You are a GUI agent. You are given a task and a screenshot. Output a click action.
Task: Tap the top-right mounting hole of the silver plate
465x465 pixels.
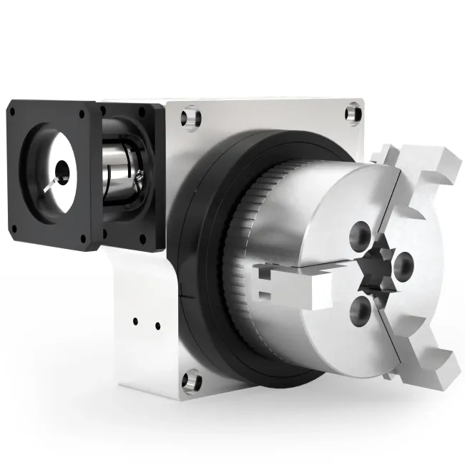coord(352,113)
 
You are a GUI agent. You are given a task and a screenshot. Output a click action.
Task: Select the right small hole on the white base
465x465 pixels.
coord(157,327)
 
